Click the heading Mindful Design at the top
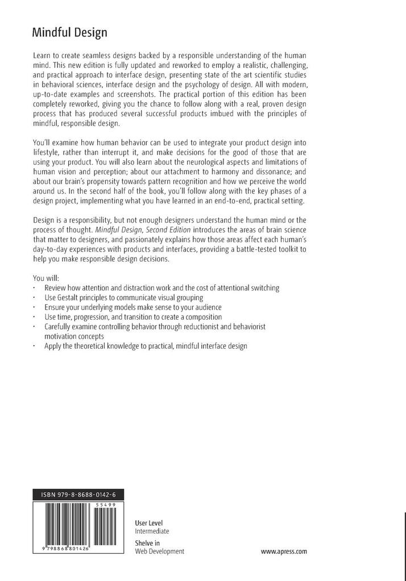(x=69, y=32)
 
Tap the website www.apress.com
(x=284, y=551)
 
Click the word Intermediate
(x=152, y=531)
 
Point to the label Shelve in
(x=147, y=542)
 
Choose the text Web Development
(x=160, y=551)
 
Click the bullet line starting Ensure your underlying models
(x=133, y=307)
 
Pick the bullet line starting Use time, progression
(x=133, y=317)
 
